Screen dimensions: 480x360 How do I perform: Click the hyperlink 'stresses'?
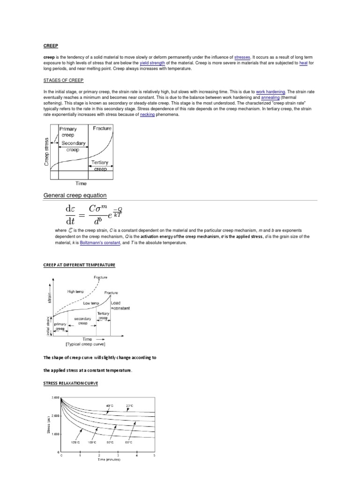click(242, 56)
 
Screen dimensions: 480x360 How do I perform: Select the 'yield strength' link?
click(152, 62)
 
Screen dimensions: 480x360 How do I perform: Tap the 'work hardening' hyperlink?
click(270, 92)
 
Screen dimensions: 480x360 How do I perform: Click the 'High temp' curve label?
click(75, 291)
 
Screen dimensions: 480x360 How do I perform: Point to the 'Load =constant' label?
click(120, 306)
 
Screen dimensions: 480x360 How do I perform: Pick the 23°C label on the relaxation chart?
click(129, 406)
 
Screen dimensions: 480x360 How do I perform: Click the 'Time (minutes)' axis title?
click(109, 460)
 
